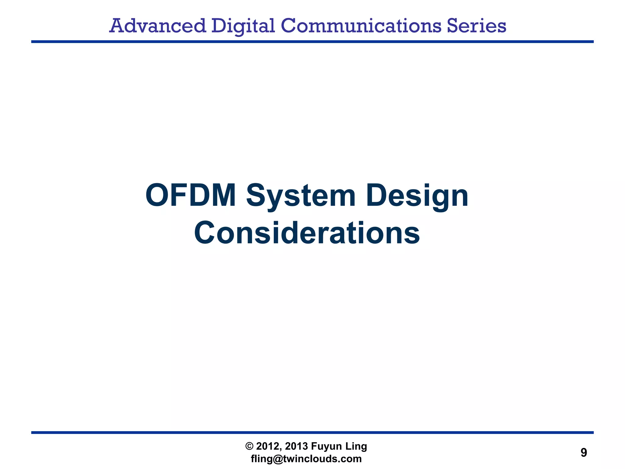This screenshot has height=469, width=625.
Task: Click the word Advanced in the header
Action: click(x=157, y=26)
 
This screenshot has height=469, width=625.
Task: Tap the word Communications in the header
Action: click(x=361, y=26)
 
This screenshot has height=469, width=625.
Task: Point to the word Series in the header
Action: click(x=477, y=26)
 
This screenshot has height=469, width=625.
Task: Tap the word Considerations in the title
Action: click(x=307, y=233)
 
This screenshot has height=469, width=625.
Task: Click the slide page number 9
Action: click(x=583, y=453)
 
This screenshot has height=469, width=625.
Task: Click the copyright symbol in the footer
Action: click(x=249, y=446)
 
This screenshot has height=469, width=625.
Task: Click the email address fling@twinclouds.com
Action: click(x=306, y=459)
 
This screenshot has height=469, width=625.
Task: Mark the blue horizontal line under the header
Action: click(x=312, y=42)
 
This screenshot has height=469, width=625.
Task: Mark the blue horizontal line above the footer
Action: click(x=312, y=432)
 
